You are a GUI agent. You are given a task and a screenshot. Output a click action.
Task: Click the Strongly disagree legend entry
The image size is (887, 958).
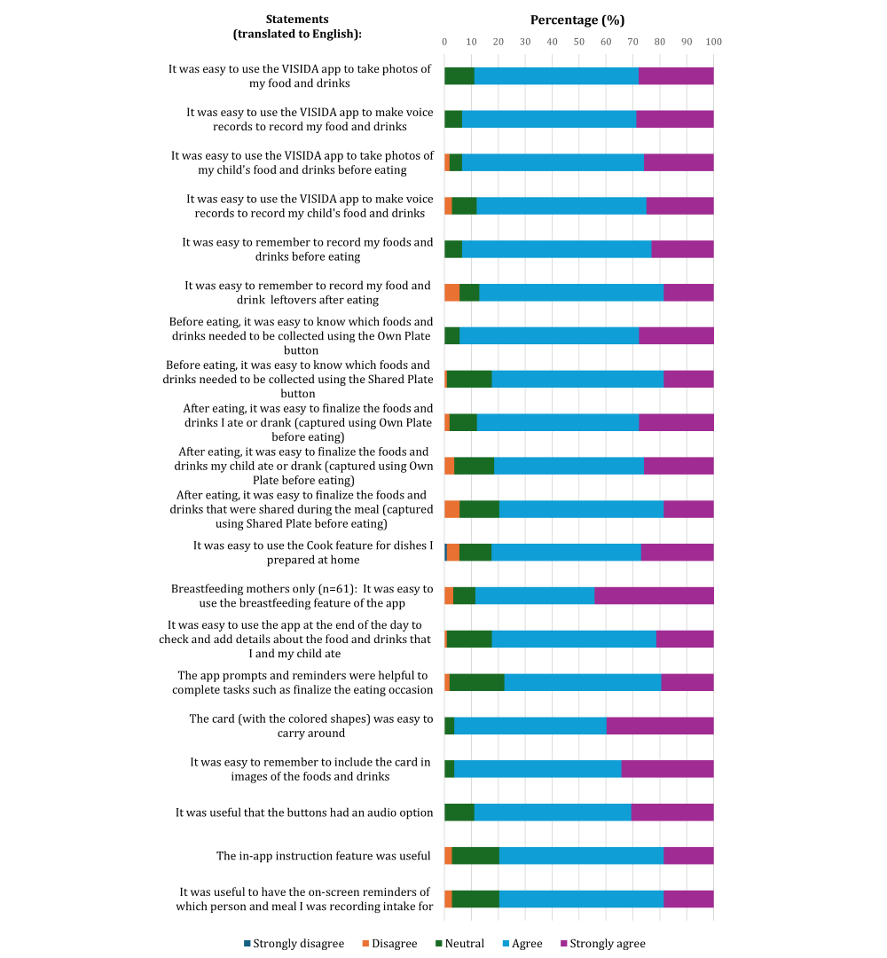coord(294,943)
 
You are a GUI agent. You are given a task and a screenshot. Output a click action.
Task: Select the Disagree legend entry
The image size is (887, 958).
coord(389,943)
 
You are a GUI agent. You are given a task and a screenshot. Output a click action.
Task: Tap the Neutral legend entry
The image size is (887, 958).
coord(459,943)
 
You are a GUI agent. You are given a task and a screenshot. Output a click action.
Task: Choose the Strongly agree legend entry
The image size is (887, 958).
coord(603,943)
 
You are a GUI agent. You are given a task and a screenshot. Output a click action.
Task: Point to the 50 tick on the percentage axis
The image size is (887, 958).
coord(579,42)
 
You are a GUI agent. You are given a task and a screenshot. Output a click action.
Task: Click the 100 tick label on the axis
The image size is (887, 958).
coord(713,42)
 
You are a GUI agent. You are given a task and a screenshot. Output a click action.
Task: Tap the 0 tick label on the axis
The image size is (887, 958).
coord(444,42)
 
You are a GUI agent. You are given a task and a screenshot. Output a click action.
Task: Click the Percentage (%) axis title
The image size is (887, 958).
coord(577,20)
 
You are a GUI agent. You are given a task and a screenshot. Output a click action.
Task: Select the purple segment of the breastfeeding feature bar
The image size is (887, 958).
coord(654,596)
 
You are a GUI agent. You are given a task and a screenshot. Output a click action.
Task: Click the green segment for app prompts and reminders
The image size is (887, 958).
coord(477,682)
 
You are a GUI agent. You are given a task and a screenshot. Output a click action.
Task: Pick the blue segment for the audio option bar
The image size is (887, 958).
coord(553,813)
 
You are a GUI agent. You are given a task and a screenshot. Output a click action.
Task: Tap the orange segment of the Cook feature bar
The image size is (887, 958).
coord(453,553)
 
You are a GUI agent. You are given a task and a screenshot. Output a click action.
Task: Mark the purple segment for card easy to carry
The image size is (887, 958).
coord(660,726)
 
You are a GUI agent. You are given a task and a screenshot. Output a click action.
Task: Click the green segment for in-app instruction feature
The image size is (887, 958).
coord(476,856)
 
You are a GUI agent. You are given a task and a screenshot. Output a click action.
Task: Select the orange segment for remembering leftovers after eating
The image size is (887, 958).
coord(452,293)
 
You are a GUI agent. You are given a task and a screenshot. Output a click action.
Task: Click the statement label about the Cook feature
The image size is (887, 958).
coord(313,553)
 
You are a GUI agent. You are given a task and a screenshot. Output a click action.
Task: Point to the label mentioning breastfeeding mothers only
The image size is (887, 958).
coord(302,596)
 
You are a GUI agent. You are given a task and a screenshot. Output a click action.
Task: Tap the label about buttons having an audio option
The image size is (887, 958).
coord(304,813)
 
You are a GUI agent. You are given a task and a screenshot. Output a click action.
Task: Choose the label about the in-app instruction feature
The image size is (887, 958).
coord(323,856)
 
